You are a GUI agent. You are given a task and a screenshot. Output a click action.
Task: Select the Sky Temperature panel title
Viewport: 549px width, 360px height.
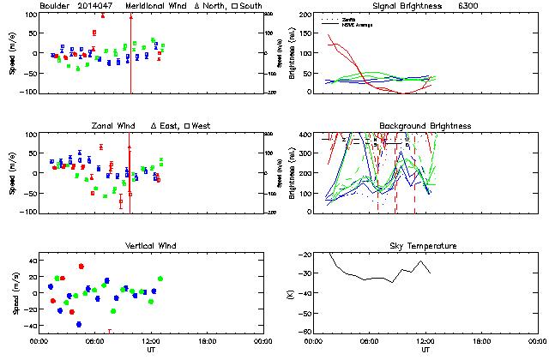coord(425,246)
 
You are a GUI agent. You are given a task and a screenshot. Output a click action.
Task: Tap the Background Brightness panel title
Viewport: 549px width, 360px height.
coord(425,126)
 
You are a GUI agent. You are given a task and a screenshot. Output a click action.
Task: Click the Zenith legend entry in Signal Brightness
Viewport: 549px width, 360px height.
coord(347,18)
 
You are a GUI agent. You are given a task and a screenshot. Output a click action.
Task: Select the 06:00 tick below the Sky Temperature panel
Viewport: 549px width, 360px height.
coord(370,342)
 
